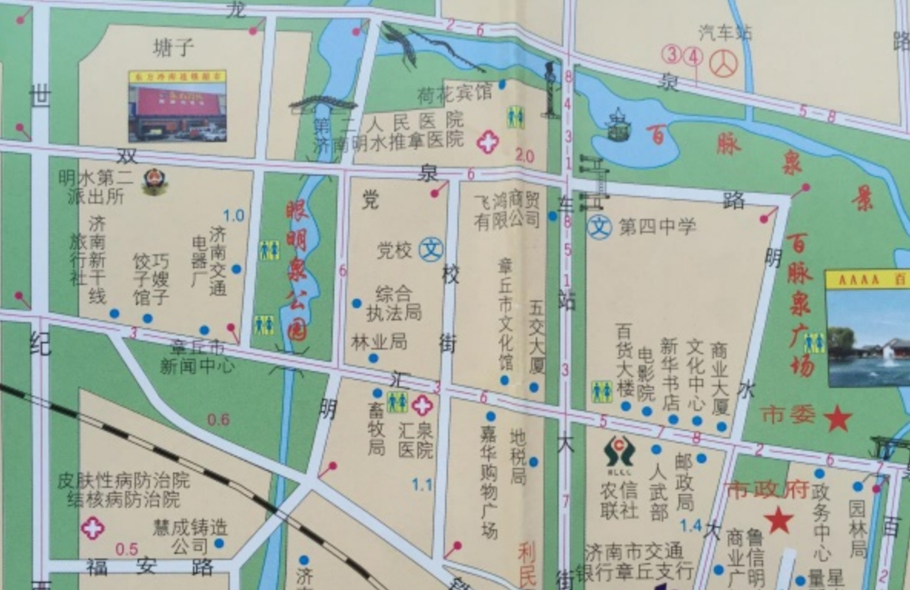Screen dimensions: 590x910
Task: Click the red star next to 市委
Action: [837, 419]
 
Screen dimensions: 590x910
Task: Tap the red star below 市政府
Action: [779, 520]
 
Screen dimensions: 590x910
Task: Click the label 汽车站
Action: [725, 33]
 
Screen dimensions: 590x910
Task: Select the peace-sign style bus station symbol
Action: [722, 64]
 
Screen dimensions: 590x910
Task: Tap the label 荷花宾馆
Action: [454, 94]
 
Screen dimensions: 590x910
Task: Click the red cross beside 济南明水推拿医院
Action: [487, 141]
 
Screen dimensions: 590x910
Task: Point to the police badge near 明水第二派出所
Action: [154, 181]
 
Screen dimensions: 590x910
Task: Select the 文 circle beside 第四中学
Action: [599, 227]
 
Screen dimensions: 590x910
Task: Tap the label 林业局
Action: [379, 342]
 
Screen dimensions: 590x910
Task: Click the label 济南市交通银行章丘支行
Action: [633, 562]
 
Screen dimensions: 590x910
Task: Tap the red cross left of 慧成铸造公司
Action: [93, 528]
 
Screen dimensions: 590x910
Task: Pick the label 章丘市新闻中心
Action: [198, 357]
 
